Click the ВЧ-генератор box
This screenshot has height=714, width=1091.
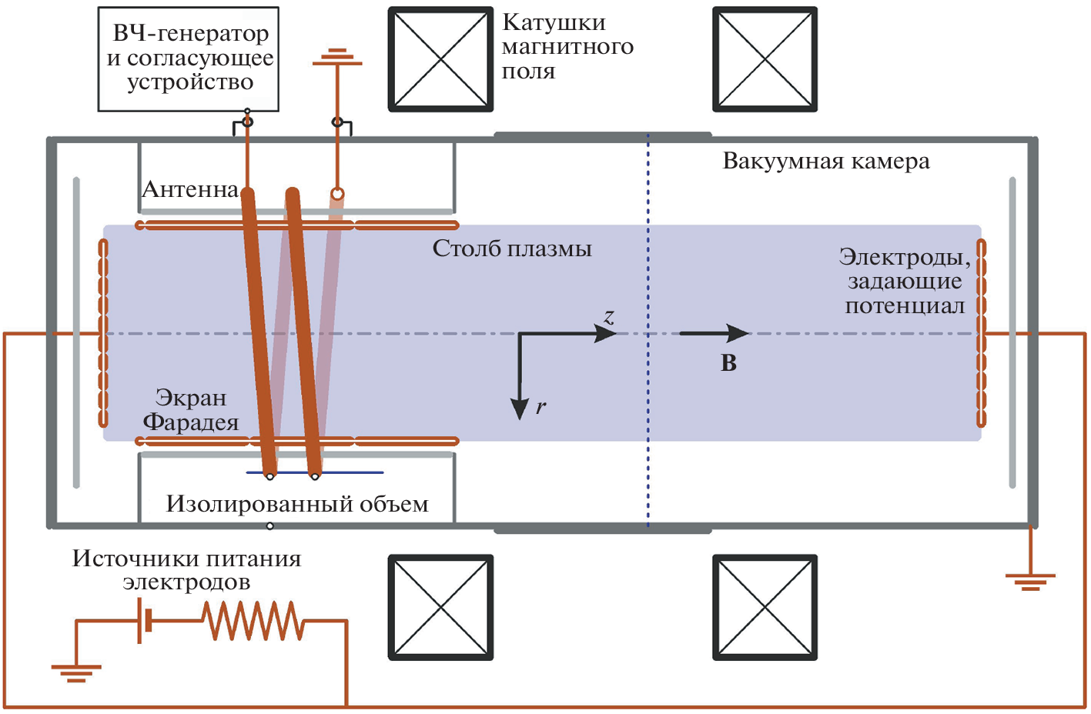pos(189,58)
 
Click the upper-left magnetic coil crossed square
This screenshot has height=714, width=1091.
pos(440,59)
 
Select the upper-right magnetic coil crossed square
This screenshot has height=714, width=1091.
pos(765,59)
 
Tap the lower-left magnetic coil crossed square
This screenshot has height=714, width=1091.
pos(440,607)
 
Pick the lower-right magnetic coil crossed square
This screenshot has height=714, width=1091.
pos(765,607)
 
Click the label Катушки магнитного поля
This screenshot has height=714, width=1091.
pos(567,47)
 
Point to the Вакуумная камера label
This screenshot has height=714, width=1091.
pos(825,162)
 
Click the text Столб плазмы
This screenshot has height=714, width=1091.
pos(512,249)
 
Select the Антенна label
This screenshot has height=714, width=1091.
pos(190,190)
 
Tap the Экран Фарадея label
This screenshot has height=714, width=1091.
pos(191,410)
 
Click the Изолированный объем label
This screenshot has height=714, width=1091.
pos(297,504)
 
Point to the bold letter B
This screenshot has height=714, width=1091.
pos(728,363)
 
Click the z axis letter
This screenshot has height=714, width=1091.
pos(609,316)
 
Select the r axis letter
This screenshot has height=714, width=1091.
pos(540,407)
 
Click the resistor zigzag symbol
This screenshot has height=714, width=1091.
pos(253,621)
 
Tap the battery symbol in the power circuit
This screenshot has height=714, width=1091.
pos(144,621)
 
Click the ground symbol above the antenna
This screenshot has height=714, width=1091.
pos(337,57)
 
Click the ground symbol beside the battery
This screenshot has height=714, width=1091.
pos(75,672)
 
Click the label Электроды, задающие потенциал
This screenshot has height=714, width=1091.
pos(905,282)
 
